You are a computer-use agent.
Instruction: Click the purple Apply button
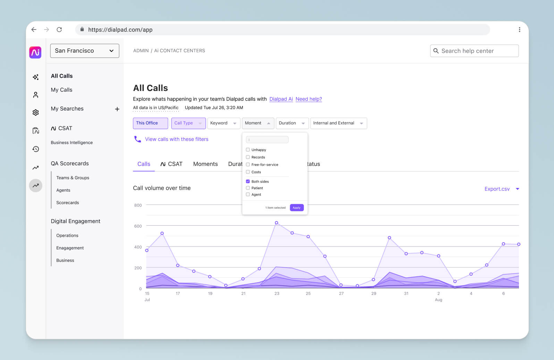click(x=296, y=208)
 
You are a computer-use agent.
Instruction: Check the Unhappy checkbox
click(x=248, y=150)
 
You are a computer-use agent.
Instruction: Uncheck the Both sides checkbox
click(x=248, y=181)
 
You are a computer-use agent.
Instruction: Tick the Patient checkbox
click(x=248, y=188)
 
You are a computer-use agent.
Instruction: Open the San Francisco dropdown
click(x=84, y=51)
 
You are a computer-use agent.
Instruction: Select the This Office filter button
click(x=150, y=123)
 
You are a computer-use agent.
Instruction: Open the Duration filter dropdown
click(x=292, y=123)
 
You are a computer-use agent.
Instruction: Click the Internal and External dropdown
click(x=338, y=123)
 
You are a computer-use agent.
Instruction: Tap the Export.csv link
click(x=497, y=189)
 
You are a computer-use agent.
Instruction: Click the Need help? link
click(x=309, y=99)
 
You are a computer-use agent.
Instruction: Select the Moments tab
click(x=205, y=164)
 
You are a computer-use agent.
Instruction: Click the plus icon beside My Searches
click(x=117, y=109)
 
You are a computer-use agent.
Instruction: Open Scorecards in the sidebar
click(x=67, y=202)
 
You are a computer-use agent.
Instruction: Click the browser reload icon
click(x=59, y=30)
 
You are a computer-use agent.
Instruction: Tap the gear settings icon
click(x=35, y=112)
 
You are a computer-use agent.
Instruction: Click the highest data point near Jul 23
click(x=276, y=223)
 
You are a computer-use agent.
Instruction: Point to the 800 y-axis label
click(x=138, y=205)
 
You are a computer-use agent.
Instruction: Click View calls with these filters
click(x=176, y=139)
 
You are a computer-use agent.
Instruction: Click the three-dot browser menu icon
click(x=519, y=30)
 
